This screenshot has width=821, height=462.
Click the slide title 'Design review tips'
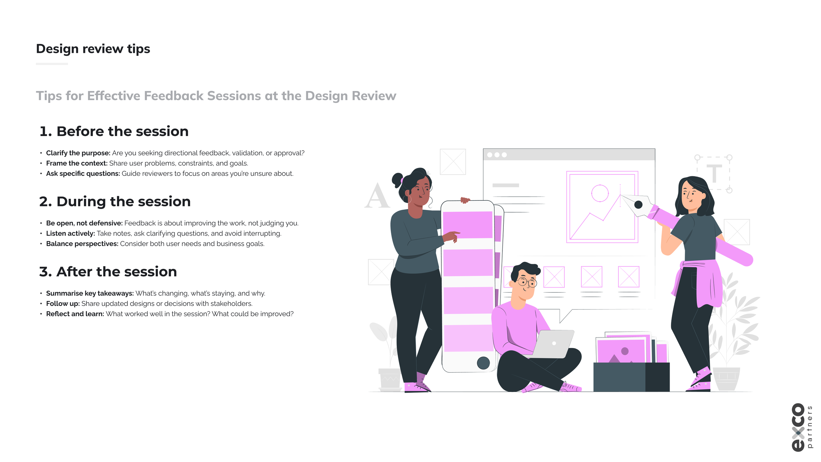tap(93, 49)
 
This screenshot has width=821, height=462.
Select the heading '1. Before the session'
tap(114, 131)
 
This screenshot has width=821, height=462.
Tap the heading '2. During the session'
tap(115, 201)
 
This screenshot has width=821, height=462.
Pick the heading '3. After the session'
tap(108, 272)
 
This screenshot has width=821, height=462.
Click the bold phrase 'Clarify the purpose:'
tap(78, 153)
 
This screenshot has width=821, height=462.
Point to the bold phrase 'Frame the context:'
tap(77, 163)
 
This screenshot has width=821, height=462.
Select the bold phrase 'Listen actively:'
tap(70, 234)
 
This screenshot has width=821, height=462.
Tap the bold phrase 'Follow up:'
tap(63, 304)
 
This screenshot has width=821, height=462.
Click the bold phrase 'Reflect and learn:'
tap(75, 314)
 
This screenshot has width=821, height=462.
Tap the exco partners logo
tap(802, 427)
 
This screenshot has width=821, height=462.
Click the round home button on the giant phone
tap(483, 363)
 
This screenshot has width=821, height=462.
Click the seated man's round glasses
tap(527, 282)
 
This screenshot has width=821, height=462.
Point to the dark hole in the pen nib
tap(638, 205)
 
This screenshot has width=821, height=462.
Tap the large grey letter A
tap(377, 196)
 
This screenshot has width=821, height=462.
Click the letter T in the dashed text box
tap(714, 173)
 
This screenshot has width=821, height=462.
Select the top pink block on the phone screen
tap(467, 225)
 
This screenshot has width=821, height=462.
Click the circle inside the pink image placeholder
tap(600, 193)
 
